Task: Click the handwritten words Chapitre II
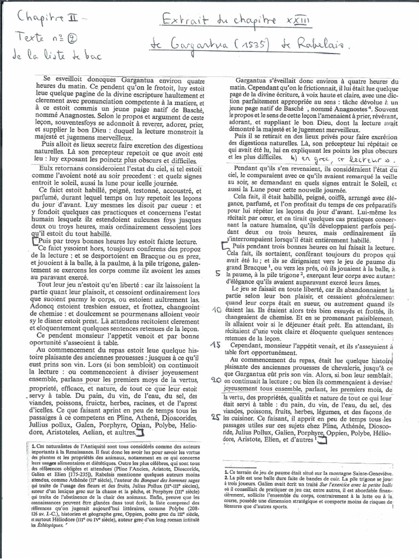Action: [46, 20]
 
